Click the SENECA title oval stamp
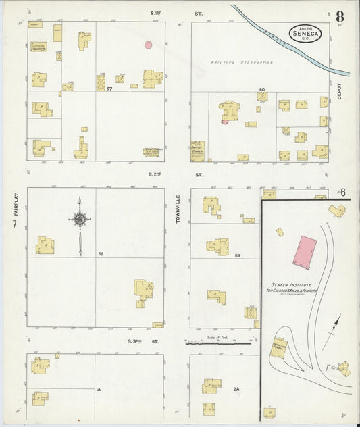(305, 32)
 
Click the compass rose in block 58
(80, 220)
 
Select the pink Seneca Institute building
(304, 251)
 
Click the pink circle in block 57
(148, 45)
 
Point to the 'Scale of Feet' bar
(217, 341)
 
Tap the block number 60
(261, 89)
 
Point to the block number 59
(237, 255)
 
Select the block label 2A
(236, 389)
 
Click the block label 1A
(98, 389)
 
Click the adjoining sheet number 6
(343, 193)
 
